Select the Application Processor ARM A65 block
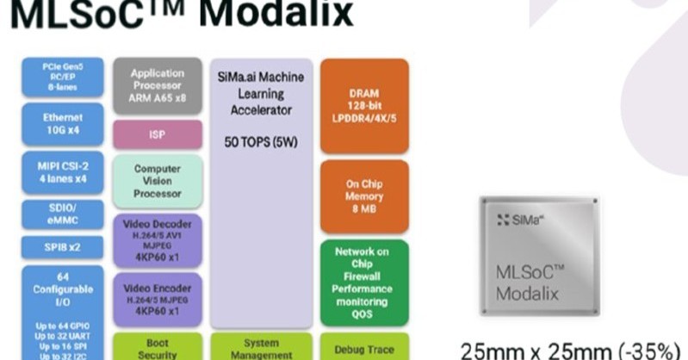(x=157, y=85)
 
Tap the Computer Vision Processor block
(x=157, y=181)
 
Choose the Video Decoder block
(x=157, y=239)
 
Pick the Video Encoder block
(x=157, y=297)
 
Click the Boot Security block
(x=157, y=347)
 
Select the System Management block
(x=261, y=347)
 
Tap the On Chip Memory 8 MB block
(x=363, y=195)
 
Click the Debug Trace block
(x=363, y=348)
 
